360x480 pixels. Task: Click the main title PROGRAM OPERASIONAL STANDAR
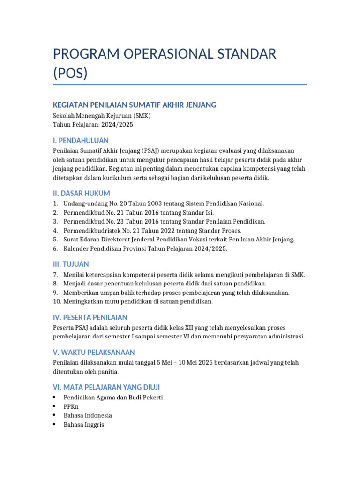tap(165, 54)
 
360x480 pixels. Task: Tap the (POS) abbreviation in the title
tap(70, 74)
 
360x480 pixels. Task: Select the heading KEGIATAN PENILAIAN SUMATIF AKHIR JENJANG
tap(135, 105)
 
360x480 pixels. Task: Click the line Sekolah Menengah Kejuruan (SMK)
tap(102, 116)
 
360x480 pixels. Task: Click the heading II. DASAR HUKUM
tap(82, 193)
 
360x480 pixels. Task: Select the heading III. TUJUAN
tap(71, 264)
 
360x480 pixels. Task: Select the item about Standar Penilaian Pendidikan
tap(165, 221)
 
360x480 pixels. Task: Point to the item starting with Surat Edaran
tap(179, 239)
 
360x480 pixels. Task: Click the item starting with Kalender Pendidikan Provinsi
tap(145, 248)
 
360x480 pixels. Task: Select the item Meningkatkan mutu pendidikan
tap(138, 301)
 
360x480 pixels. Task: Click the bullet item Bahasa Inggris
tap(84, 425)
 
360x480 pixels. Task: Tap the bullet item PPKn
tap(71, 406)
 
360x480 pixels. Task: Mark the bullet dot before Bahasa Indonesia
tap(55, 415)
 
